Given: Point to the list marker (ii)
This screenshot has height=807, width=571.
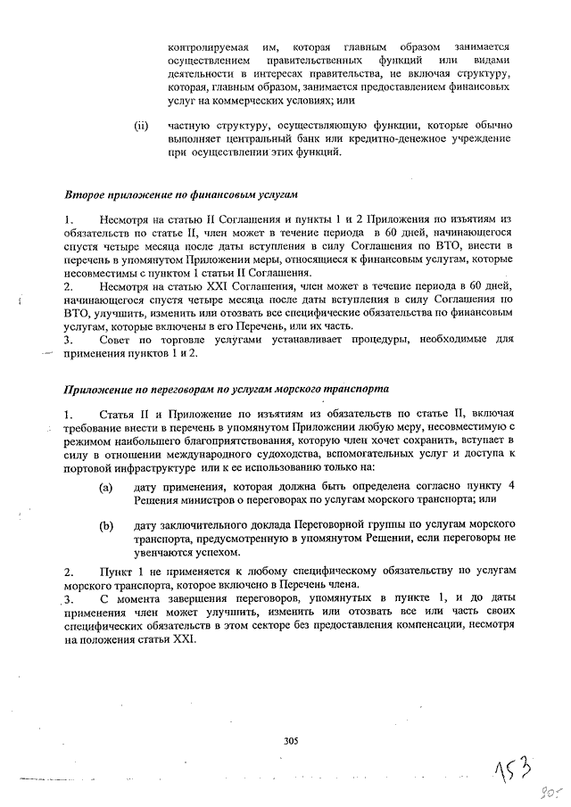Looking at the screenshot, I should pos(140,126).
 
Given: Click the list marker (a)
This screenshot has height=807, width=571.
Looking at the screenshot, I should pos(106,487).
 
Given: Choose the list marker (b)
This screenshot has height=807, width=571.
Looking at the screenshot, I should pos(106,526).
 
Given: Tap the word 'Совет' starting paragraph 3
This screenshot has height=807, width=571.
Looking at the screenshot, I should pos(119,340).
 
